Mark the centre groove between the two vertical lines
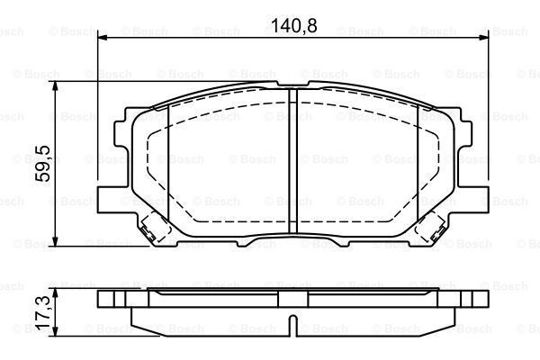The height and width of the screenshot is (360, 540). click(292, 162)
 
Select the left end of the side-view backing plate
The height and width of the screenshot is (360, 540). click(101, 299)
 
